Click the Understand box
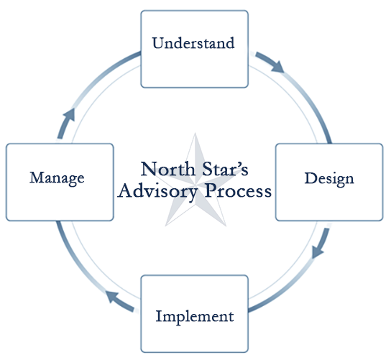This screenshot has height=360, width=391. click(x=195, y=49)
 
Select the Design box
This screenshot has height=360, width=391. click(x=329, y=182)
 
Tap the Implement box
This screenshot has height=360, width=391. click(x=195, y=313)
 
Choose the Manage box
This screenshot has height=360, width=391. click(x=60, y=182)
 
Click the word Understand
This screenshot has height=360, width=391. click(x=193, y=43)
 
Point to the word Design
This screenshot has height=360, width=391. click(x=329, y=179)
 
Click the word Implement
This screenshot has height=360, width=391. click(x=195, y=317)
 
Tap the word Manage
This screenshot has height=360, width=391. click(x=57, y=178)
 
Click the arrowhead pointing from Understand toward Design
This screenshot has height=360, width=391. click(x=278, y=66)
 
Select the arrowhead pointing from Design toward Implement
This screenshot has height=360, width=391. click(x=317, y=251)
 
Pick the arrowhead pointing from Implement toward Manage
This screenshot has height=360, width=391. click(x=112, y=297)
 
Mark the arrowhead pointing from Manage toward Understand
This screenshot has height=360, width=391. click(x=69, y=115)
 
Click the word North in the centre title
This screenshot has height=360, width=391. click(x=168, y=169)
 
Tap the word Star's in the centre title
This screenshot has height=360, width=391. click(x=225, y=169)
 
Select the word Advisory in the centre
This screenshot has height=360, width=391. click(x=157, y=192)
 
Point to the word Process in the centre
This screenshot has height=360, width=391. click(x=238, y=191)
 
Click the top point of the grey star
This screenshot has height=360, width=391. click(x=195, y=134)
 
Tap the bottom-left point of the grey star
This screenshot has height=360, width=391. click(x=166, y=226)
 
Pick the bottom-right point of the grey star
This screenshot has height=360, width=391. click(x=226, y=226)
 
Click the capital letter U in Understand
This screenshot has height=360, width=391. click(x=159, y=43)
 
